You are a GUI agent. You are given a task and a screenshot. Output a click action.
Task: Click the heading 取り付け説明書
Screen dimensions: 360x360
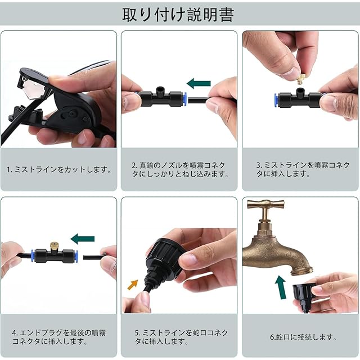click(178, 15)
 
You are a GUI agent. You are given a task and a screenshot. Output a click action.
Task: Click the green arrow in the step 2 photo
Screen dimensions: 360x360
click(199, 83)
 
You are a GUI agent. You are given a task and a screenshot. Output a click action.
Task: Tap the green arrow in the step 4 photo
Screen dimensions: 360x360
click(83, 238)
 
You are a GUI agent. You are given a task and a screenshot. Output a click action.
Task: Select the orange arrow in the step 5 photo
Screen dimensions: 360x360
click(133, 285)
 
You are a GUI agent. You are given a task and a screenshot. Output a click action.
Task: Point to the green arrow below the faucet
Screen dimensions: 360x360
click(281, 287)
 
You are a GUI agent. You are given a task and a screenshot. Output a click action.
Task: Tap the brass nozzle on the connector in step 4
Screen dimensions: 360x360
click(54, 246)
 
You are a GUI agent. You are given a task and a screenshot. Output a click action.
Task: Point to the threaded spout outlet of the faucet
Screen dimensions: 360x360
click(301, 269)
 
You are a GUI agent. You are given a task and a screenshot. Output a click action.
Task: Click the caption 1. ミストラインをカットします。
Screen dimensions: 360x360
click(58, 169)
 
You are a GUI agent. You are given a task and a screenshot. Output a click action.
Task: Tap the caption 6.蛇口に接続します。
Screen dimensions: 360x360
click(303, 337)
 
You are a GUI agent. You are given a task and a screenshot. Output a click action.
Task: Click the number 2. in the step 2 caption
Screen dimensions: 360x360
click(135, 165)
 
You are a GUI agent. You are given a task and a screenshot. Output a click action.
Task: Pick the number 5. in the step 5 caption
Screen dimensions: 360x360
click(137, 333)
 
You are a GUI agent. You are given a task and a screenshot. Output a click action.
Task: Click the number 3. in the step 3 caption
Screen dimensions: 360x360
click(259, 165)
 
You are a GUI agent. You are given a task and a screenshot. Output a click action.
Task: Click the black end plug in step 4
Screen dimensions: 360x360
click(94, 256)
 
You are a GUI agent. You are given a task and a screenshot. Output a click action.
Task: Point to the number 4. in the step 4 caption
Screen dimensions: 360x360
click(15, 333)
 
